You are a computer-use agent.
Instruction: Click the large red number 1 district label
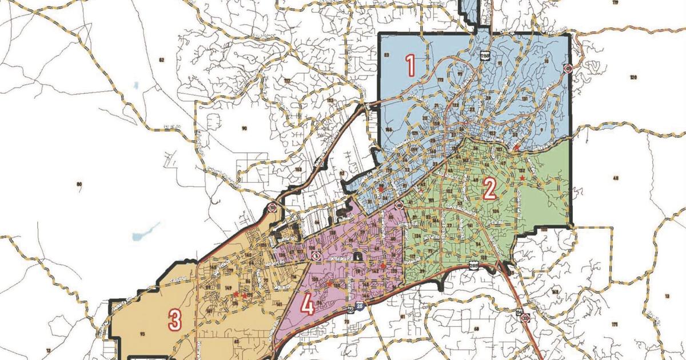point(410,65)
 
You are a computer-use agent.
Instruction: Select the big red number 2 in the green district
point(489,189)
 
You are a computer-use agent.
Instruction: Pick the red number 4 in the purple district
point(307,307)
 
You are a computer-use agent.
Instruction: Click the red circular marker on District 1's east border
point(568,69)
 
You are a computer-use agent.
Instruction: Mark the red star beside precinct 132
point(522,178)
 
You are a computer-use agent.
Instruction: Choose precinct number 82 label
point(161,59)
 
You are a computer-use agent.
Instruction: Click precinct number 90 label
point(244,128)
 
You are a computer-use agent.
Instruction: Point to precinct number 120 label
point(633,77)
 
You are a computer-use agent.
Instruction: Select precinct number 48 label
point(616,178)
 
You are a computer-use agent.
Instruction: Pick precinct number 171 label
point(614,324)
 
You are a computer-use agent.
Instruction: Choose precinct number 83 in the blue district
point(386,55)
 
